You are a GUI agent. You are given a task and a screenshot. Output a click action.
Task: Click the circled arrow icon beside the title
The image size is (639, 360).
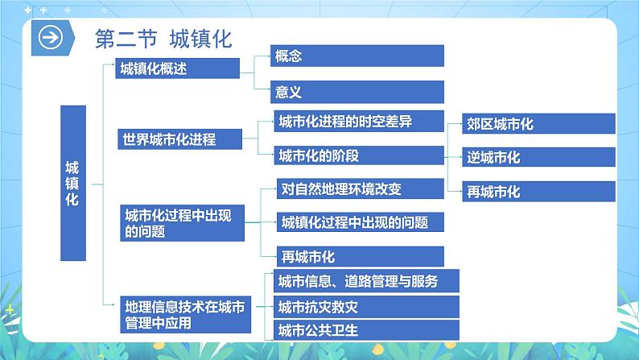pos(52,39)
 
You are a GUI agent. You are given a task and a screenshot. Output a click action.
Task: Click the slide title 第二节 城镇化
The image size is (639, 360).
pos(163,39)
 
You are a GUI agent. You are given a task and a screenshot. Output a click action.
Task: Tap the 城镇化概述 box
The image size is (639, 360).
pos(177,69)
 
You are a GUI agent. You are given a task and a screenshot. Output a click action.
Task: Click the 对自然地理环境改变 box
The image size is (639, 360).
pos(359,189)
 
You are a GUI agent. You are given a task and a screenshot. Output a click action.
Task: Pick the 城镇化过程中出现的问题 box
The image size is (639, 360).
pos(359,222)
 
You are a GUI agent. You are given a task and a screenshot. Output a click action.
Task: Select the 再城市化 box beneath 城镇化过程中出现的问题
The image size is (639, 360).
pos(359,257)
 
